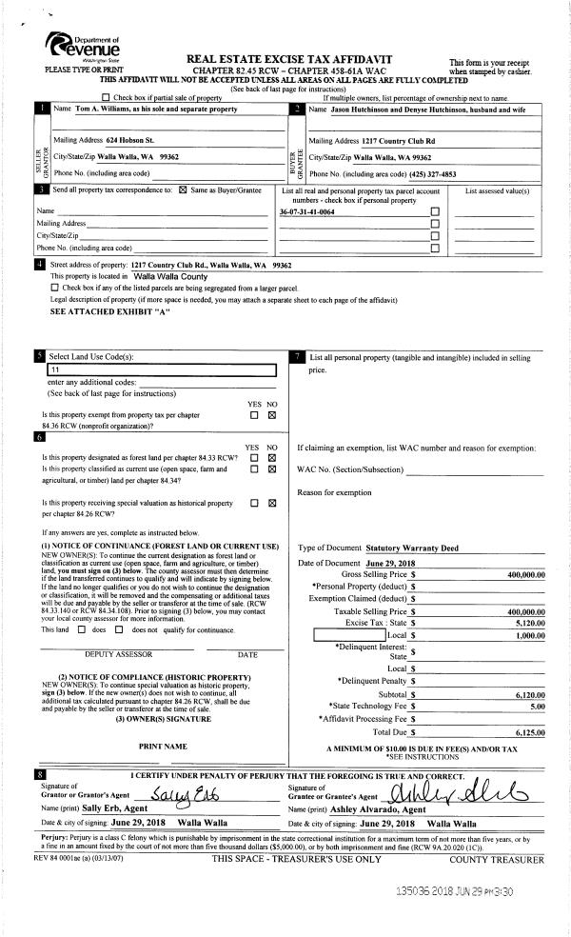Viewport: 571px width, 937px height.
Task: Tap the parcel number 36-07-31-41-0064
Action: [x=306, y=211]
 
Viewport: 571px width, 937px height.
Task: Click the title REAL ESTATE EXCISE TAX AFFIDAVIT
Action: [x=304, y=59]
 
